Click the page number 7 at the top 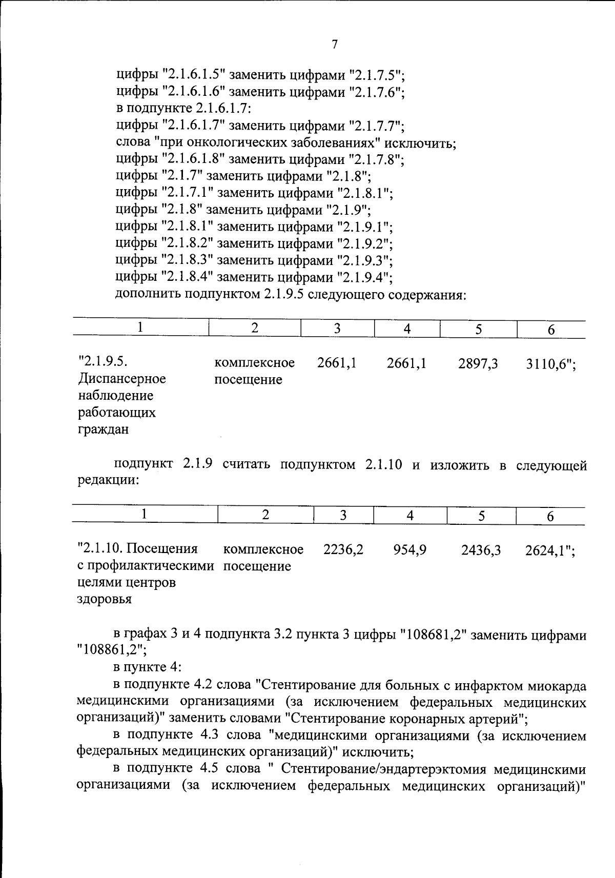point(335,45)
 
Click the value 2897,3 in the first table point(478,364)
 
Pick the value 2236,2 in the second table point(343,550)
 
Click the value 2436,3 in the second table point(481,550)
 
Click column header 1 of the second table point(145,515)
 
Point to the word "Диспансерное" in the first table point(122,379)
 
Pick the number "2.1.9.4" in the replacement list point(364,278)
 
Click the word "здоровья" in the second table point(104,599)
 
